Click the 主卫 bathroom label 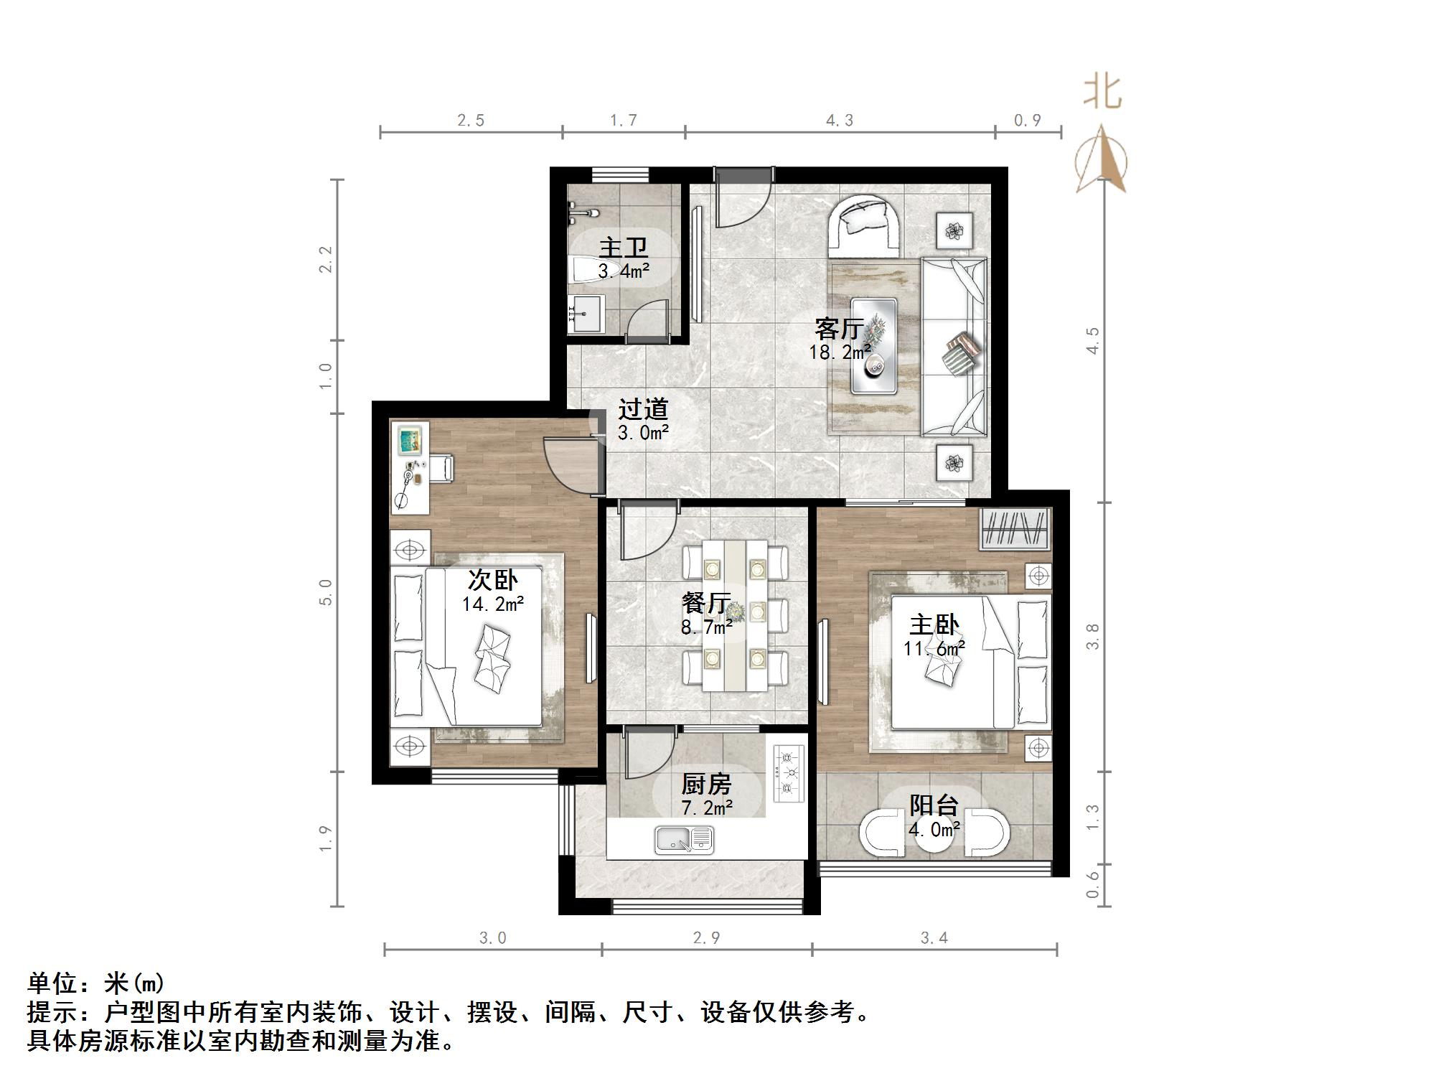623,248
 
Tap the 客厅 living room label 838,329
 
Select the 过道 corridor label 643,410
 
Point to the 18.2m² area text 840,352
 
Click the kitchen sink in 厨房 684,840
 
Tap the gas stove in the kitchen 789,772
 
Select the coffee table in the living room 873,346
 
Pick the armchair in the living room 865,227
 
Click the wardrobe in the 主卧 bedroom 1015,530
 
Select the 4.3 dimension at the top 840,121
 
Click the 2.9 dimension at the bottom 706,937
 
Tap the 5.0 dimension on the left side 326,592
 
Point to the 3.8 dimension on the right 1092,636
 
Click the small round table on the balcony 935,837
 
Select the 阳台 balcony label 934,805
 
